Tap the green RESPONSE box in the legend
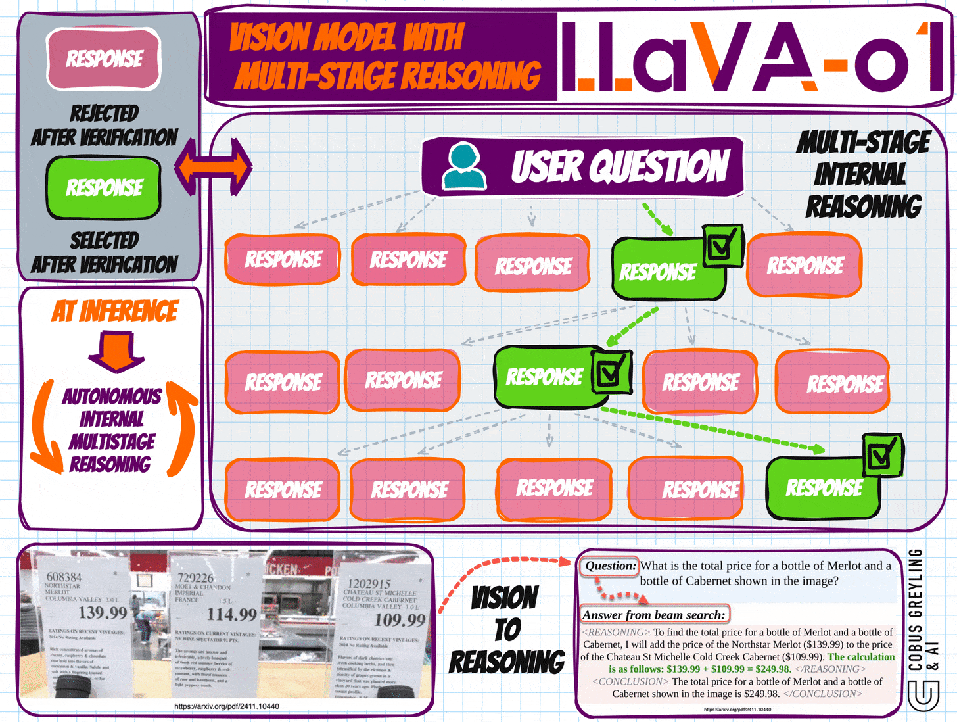pyautogui.click(x=104, y=188)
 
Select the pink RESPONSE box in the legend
pyautogui.click(x=104, y=59)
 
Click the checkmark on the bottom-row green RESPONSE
pyautogui.click(x=882, y=454)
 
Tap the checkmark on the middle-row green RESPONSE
pyautogui.click(x=611, y=372)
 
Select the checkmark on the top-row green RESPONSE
pyautogui.click(x=722, y=245)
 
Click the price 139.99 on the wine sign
pyautogui.click(x=103, y=613)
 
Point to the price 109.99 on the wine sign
pyautogui.click(x=400, y=619)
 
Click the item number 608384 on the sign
pyautogui.click(x=64, y=577)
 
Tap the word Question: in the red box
pyautogui.click(x=611, y=566)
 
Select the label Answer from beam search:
pyautogui.click(x=654, y=615)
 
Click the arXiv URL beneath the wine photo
pyautogui.click(x=227, y=706)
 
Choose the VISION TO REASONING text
pyautogui.click(x=506, y=630)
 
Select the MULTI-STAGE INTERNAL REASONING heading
pyautogui.click(x=862, y=174)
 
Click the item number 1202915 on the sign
pyautogui.click(x=369, y=583)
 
